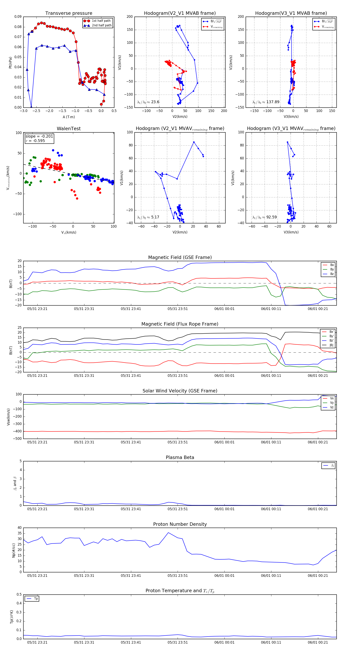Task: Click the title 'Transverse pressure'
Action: pyautogui.click(x=69, y=13)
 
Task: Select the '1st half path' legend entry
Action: pyautogui.click(x=101, y=21)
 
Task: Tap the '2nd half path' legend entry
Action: pyautogui.click(x=102, y=25)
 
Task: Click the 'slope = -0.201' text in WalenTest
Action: pyautogui.click(x=39, y=136)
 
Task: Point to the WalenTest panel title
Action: pyautogui.click(x=69, y=129)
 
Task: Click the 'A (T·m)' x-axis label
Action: pyautogui.click(x=69, y=117)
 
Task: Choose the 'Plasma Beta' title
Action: pyautogui.click(x=180, y=457)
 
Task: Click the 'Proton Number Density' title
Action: pyautogui.click(x=180, y=524)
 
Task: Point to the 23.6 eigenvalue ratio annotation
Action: pyautogui.click(x=155, y=102)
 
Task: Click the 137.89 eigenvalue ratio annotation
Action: pyautogui.click(x=273, y=102)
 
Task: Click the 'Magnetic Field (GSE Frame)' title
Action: pyautogui.click(x=180, y=257)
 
